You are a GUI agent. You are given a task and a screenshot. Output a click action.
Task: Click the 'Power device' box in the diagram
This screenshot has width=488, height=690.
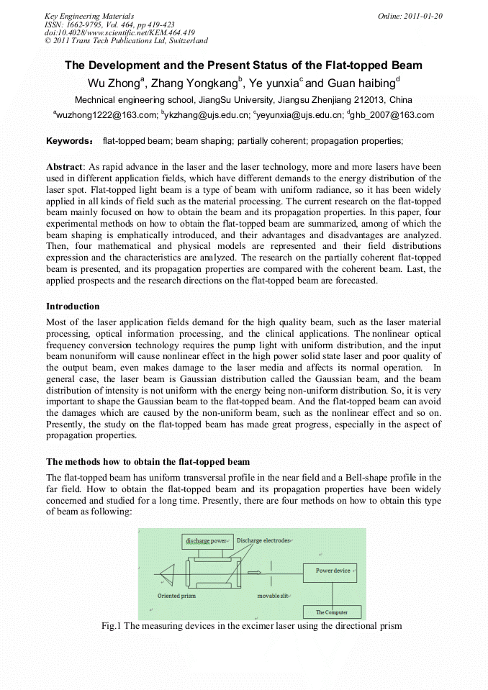click(333, 571)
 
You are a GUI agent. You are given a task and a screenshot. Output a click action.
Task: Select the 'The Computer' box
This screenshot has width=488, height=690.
click(332, 612)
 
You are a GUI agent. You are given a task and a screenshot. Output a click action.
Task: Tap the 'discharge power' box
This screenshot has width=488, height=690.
click(207, 540)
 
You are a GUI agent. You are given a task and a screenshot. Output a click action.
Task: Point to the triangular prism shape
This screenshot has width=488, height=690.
click(168, 574)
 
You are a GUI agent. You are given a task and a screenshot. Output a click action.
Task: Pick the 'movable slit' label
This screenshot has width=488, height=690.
click(274, 596)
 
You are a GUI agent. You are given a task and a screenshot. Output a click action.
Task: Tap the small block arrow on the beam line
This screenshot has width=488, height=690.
click(254, 573)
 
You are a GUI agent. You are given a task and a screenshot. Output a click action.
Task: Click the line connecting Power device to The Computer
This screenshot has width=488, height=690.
click(332, 594)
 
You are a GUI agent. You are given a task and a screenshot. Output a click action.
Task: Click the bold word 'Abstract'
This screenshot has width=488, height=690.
click(65, 167)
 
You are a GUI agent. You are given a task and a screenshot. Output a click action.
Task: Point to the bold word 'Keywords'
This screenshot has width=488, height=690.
click(68, 140)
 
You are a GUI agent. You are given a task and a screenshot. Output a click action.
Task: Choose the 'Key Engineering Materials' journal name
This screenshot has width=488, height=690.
click(89, 15)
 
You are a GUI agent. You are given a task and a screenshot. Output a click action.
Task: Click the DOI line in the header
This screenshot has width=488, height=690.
click(119, 32)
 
